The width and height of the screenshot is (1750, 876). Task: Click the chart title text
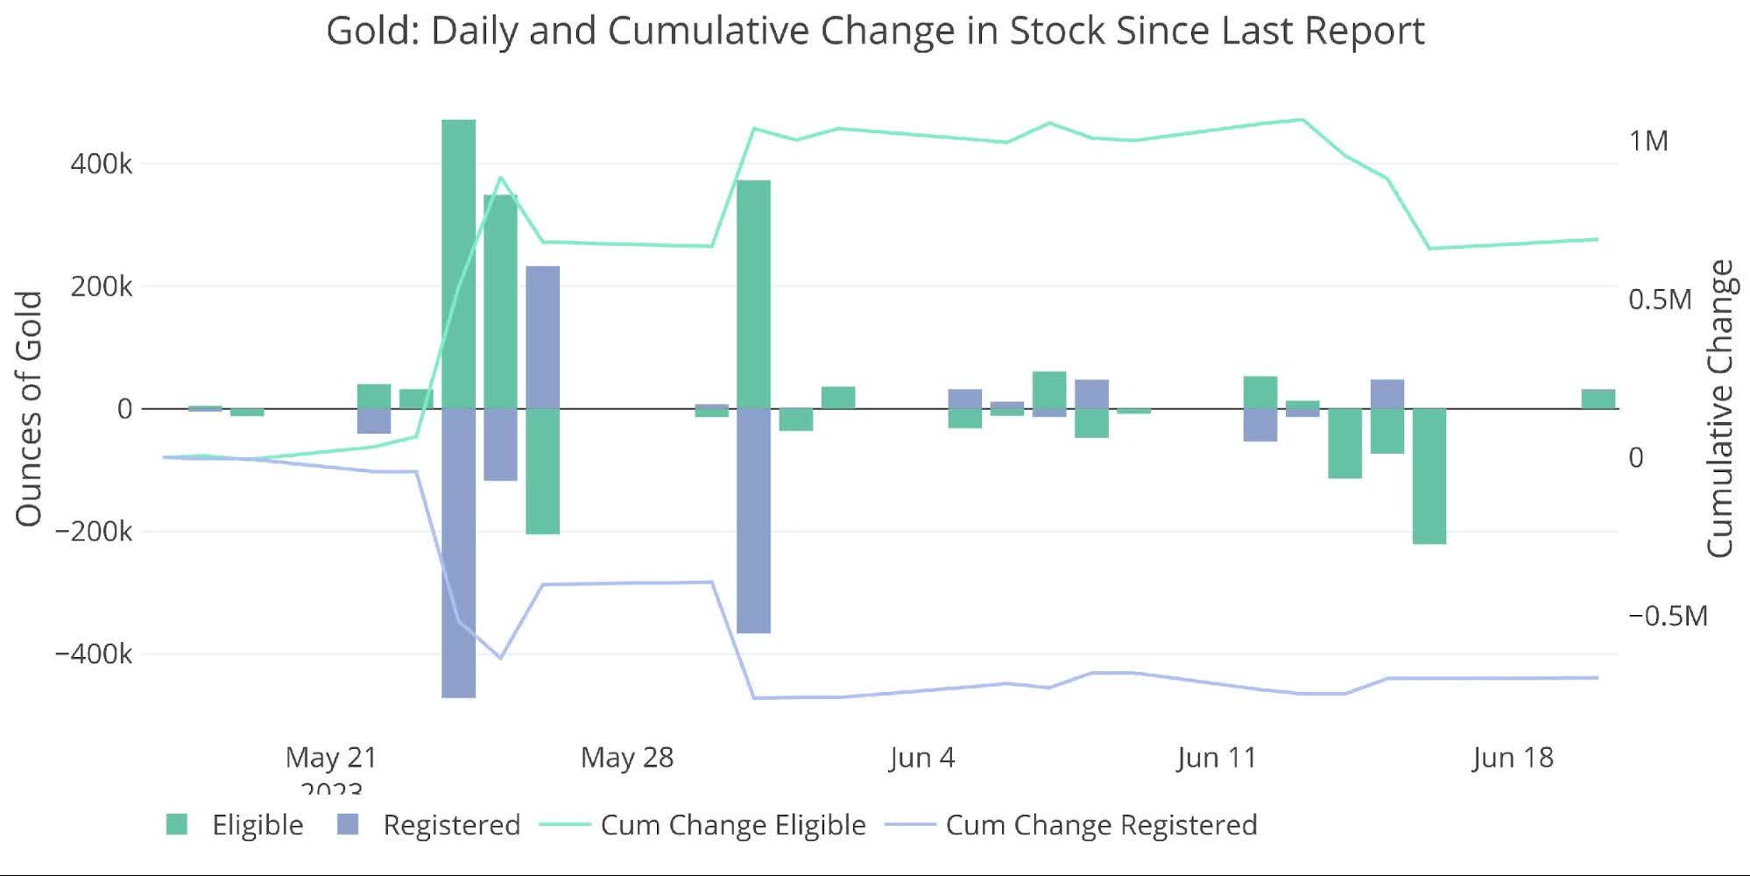875,32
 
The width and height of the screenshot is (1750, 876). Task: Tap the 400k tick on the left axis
101,164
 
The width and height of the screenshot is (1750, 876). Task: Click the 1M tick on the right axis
1648,141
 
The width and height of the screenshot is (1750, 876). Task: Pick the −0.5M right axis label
1667,616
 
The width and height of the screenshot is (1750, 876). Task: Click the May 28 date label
626,758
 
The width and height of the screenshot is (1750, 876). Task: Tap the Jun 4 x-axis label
921,758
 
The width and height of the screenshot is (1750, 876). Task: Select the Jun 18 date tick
1512,758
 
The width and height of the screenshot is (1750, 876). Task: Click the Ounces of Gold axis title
29,409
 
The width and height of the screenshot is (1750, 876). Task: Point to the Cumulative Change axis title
1720,409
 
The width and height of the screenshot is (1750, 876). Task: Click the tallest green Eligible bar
458,263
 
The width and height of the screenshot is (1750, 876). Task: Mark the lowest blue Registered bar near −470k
458,552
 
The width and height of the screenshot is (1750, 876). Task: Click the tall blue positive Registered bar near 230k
542,337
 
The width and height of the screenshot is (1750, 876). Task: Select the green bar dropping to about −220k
1429,476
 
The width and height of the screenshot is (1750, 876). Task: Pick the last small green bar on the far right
1598,399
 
